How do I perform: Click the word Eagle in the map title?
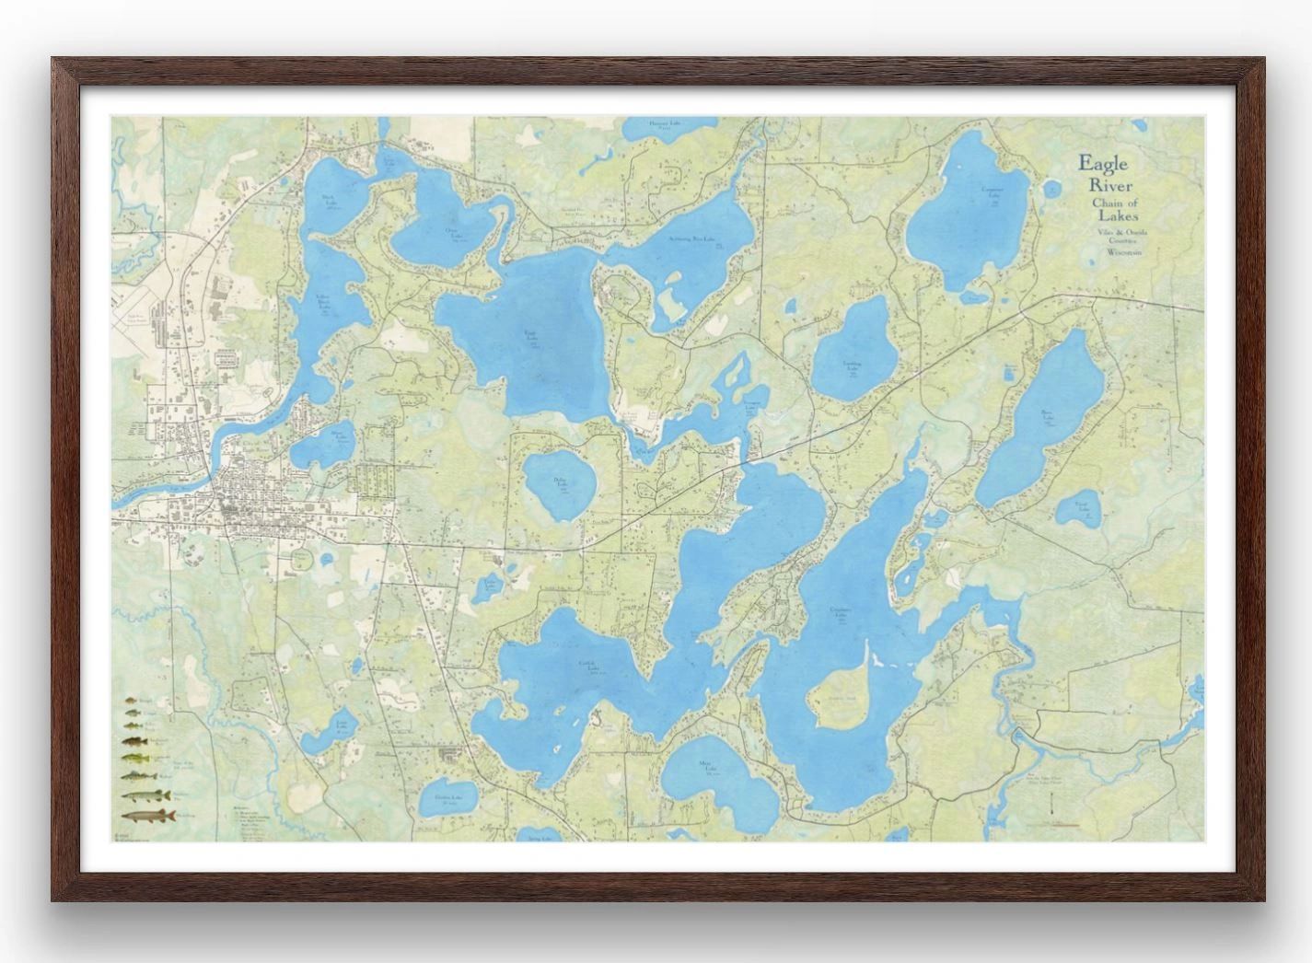(1103, 164)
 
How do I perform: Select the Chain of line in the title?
(1114, 203)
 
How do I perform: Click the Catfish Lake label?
(588, 666)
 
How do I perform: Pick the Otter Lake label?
(453, 232)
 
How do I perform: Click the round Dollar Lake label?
(560, 482)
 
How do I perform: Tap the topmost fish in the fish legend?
(130, 702)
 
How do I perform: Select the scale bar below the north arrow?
(1058, 824)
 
